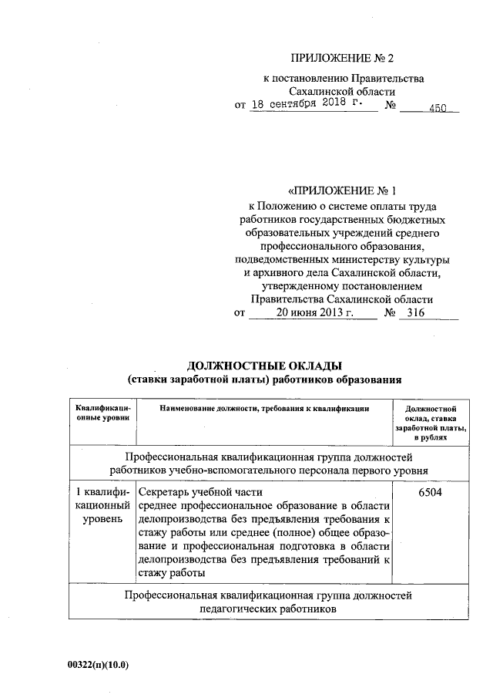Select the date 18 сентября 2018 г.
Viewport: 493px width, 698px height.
310,106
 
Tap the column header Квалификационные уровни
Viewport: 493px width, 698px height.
101,411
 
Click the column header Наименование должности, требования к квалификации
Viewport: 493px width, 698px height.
264,406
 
